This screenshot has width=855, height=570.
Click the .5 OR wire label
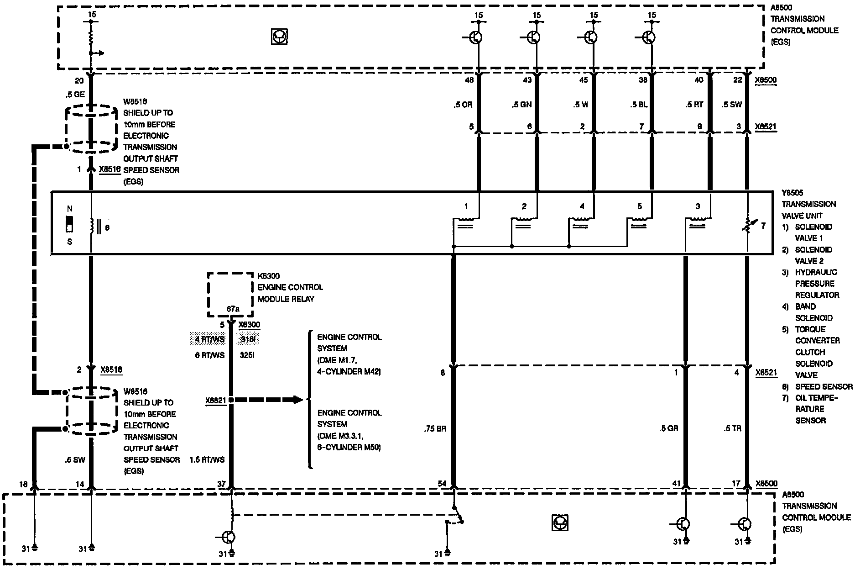pos(463,105)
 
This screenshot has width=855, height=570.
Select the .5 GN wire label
pos(521,105)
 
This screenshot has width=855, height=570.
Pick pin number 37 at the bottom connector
pos(221,484)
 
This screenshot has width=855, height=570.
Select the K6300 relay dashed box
pos(230,294)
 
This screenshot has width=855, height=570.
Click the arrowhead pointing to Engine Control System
pos(297,400)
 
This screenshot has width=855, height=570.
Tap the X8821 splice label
pos(216,401)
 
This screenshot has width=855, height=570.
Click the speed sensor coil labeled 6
pos(93,227)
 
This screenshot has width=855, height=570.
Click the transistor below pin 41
pos(683,524)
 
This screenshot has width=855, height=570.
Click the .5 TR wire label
pos(732,428)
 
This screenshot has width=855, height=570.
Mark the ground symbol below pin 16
pos(35,548)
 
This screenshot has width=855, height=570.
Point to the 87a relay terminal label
pos(233,309)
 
